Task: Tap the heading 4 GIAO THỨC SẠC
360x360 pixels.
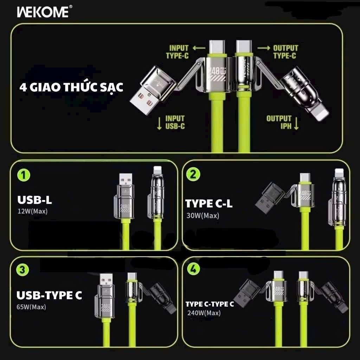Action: (x=71, y=88)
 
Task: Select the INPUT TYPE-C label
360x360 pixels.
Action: (x=177, y=52)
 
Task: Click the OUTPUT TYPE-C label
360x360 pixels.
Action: (x=285, y=52)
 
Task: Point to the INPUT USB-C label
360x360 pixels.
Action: (x=175, y=122)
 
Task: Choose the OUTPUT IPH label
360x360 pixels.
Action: (x=279, y=122)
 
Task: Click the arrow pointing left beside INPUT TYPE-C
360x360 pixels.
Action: (x=199, y=48)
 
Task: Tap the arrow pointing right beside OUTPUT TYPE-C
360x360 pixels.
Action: (x=264, y=48)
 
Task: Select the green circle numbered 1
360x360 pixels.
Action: (x=24, y=175)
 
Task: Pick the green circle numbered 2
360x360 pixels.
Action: (x=193, y=174)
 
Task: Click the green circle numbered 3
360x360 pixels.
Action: (x=22, y=269)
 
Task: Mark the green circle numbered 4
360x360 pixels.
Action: (x=193, y=269)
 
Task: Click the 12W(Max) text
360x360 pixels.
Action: (x=33, y=211)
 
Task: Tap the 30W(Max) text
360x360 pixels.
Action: (x=203, y=216)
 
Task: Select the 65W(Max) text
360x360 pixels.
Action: (x=31, y=307)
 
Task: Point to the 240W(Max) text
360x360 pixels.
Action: (x=204, y=313)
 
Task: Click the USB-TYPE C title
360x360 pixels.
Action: (x=49, y=295)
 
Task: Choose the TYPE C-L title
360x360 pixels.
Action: (x=209, y=204)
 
